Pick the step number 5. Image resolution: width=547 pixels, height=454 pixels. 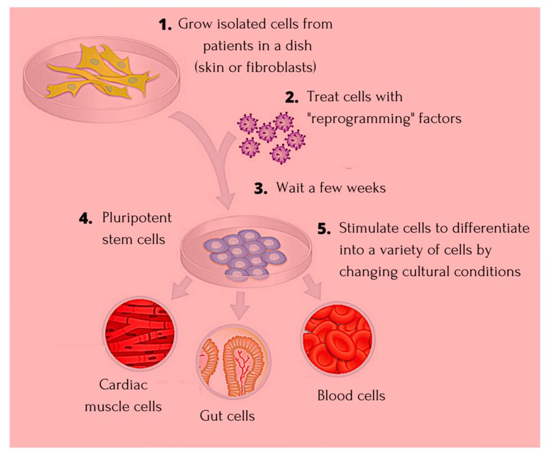[324, 229]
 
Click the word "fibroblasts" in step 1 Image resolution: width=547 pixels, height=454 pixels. [277, 67]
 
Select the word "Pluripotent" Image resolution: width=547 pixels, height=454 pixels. [137, 219]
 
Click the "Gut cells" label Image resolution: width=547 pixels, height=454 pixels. [228, 415]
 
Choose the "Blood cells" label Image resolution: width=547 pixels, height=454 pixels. [351, 396]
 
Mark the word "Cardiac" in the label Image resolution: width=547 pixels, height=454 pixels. [123, 385]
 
